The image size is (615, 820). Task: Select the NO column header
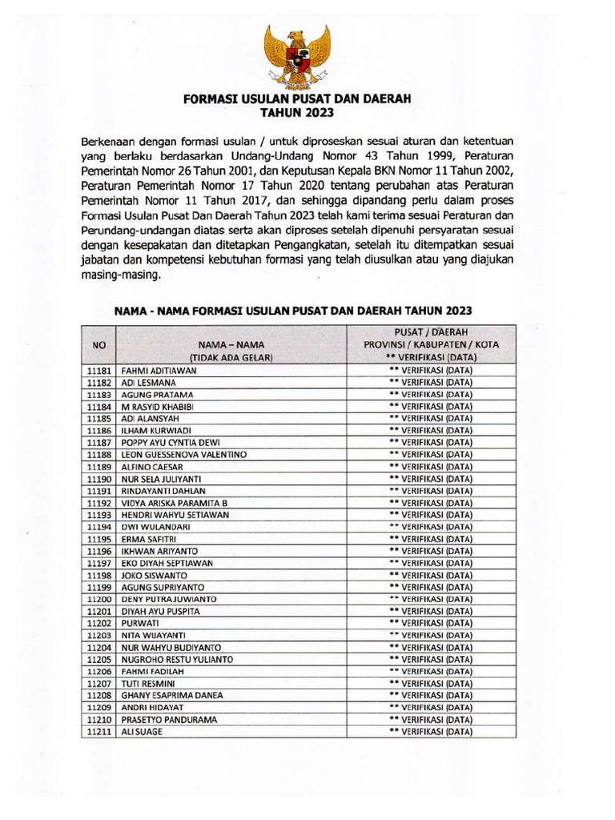point(99,345)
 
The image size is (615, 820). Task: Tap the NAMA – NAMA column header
point(231,345)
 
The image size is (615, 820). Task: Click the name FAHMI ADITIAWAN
point(159,372)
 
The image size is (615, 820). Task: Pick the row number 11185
point(99,419)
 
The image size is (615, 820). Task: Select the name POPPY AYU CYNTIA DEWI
point(171,443)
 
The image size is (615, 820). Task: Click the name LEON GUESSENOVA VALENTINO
point(183,455)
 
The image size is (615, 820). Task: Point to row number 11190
point(99,479)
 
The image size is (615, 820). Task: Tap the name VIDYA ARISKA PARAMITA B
point(175,503)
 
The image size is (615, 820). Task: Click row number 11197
point(99,563)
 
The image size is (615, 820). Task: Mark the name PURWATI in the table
point(140,623)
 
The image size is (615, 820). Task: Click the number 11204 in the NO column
point(99,647)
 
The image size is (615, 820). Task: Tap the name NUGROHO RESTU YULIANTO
point(177,659)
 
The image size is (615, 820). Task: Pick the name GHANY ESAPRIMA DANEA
point(171,695)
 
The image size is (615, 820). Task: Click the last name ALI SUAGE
point(141,731)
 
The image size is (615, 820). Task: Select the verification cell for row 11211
point(429,731)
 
